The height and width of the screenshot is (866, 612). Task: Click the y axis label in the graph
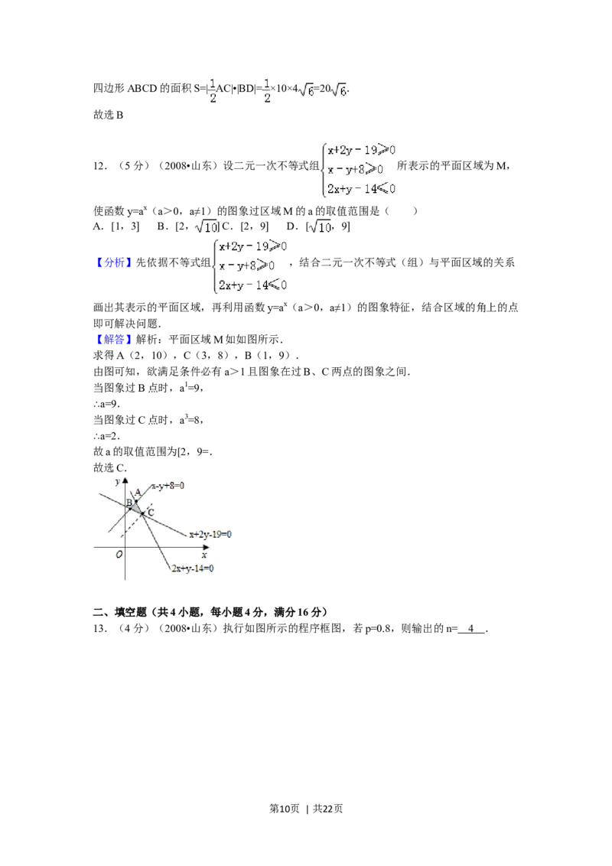click(x=117, y=482)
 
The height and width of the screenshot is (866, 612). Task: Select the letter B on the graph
click(x=129, y=502)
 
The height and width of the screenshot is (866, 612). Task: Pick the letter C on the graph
click(x=151, y=512)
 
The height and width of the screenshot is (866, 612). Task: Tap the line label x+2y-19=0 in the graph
click(x=210, y=535)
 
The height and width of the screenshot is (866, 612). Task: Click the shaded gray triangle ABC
click(x=136, y=505)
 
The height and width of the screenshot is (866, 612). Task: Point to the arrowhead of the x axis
click(x=208, y=548)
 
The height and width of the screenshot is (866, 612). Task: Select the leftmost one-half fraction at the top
click(x=210, y=90)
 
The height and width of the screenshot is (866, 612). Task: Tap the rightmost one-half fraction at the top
click(x=265, y=90)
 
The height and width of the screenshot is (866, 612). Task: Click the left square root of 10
click(x=206, y=227)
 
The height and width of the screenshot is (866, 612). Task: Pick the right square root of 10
click(x=321, y=227)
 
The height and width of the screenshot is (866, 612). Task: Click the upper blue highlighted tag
click(x=114, y=262)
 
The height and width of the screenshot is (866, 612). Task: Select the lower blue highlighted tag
click(x=114, y=339)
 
